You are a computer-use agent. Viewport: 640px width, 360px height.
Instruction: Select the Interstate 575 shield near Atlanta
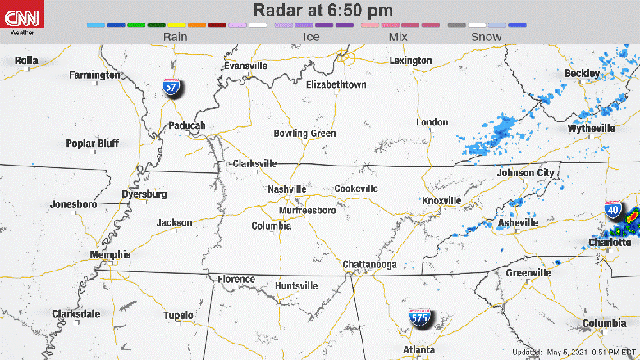tap(420, 320)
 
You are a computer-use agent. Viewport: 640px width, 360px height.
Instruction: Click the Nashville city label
tap(287, 189)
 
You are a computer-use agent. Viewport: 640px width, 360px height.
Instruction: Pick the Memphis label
tap(110, 255)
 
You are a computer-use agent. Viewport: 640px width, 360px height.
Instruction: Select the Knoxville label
tap(442, 201)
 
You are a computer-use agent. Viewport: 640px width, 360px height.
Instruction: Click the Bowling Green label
tap(304, 133)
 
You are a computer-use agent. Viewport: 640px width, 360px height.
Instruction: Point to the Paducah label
tap(187, 125)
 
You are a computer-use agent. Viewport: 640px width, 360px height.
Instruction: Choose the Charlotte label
tap(610, 243)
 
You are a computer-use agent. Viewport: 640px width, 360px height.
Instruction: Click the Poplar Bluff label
tap(93, 144)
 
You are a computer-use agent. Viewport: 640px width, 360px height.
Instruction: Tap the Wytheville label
tap(591, 129)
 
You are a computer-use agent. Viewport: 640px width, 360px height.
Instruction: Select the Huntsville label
tap(296, 285)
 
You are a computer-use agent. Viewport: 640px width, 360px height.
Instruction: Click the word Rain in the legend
tap(176, 37)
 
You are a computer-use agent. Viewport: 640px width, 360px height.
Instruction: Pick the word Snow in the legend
tap(487, 37)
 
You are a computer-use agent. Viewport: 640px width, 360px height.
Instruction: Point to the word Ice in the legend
tap(311, 37)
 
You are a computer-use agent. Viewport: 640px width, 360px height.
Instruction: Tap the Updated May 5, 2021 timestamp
tap(574, 353)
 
